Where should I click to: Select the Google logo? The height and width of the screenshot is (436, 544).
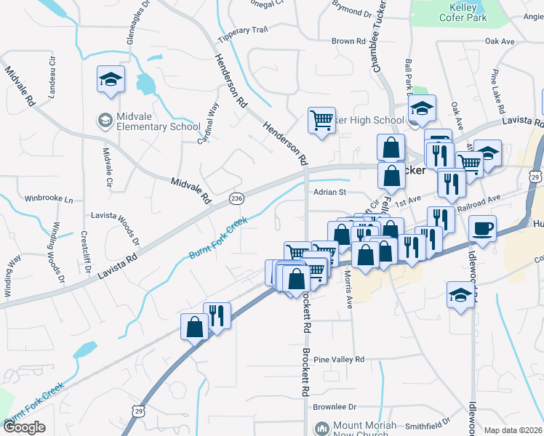tap(24, 427)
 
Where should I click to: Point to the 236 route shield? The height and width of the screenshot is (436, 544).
tap(236, 198)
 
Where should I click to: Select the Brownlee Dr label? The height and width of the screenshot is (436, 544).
tap(336, 408)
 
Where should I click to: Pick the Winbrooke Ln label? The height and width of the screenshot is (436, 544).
tap(49, 198)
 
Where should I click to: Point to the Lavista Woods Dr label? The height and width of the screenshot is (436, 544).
tap(113, 216)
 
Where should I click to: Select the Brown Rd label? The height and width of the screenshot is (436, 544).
tap(348, 41)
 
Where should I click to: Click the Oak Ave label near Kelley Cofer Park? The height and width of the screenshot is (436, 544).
tap(500, 41)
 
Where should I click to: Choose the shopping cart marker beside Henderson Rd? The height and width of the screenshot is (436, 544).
tap(321, 121)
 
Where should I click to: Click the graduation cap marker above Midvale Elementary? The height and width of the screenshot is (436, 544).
tap(111, 79)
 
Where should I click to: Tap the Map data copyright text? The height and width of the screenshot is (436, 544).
tap(512, 430)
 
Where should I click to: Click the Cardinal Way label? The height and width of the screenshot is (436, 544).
tap(209, 122)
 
